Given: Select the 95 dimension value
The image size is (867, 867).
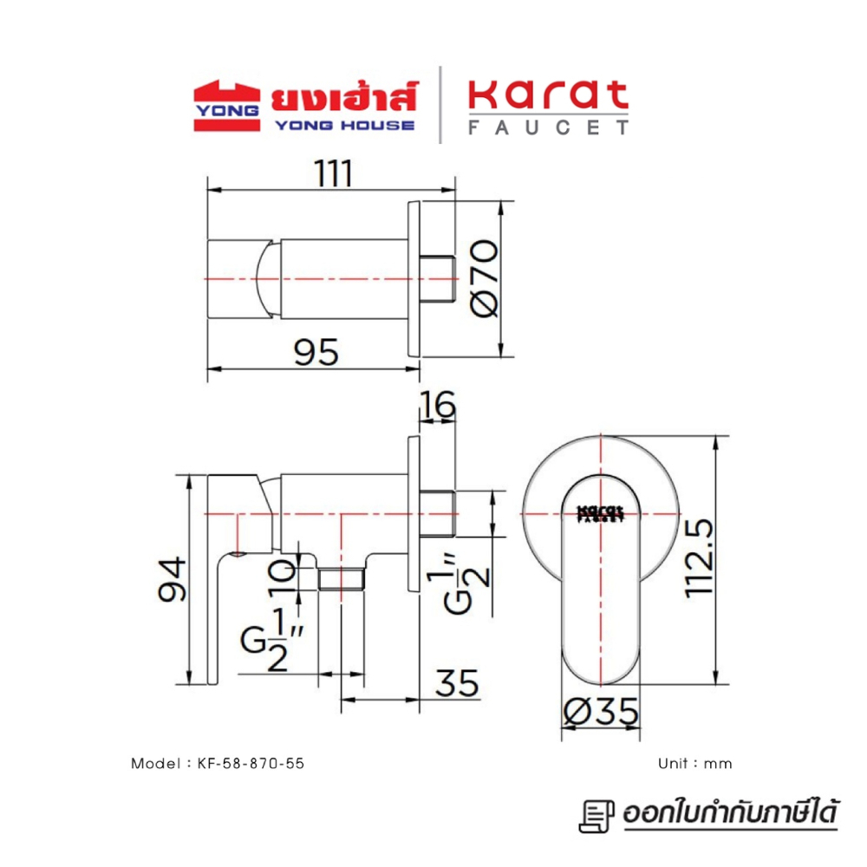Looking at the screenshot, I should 314,352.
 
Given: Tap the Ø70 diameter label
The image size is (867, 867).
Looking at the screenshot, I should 486,278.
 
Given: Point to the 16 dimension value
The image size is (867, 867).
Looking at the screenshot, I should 437,404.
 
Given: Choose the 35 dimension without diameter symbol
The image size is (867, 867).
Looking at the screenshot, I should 457,685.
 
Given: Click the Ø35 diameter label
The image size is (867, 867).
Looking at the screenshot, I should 601,713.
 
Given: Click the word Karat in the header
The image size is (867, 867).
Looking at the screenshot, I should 548,96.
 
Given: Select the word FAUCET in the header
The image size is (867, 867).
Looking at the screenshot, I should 548,127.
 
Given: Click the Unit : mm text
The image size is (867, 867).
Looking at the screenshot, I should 695,764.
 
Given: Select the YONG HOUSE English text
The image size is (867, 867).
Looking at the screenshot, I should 343,125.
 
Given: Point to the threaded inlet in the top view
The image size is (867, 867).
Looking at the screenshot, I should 439,278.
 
